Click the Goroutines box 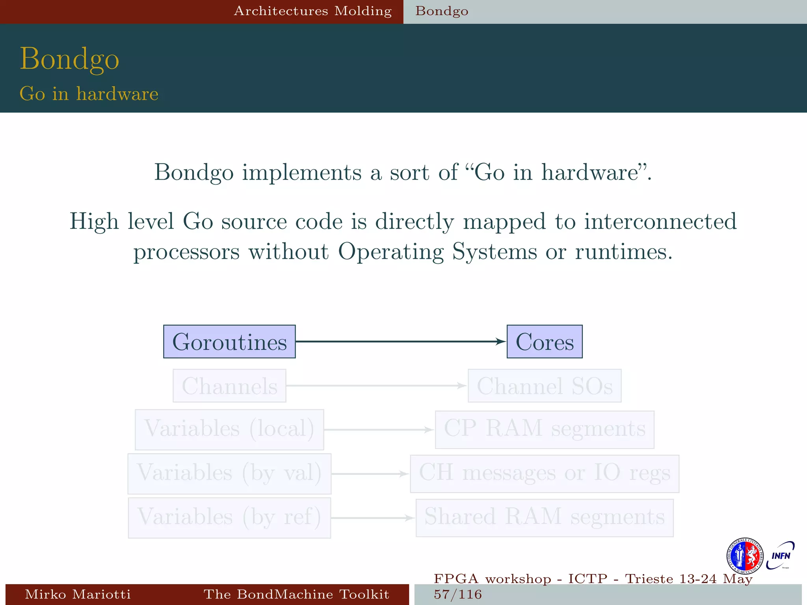tap(229, 341)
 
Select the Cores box tap(544, 341)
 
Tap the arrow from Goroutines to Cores tap(400, 341)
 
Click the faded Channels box tap(229, 386)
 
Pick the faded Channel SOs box tap(544, 386)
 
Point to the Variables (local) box tap(229, 429)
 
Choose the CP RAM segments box tap(544, 429)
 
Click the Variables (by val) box tap(229, 473)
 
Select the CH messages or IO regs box tap(544, 473)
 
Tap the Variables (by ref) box tap(229, 518)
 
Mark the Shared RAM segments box tap(544, 518)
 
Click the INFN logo tap(780, 555)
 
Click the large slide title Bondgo tap(69, 59)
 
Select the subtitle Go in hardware tap(89, 94)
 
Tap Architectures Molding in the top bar tap(313, 11)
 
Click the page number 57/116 tap(458, 594)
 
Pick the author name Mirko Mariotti tap(78, 594)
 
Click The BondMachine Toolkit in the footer tap(296, 594)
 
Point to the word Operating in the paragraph tap(390, 252)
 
